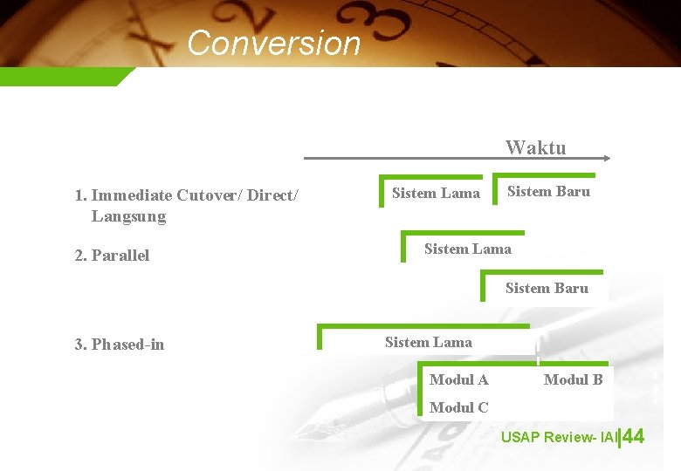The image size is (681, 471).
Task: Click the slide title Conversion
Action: coord(273,43)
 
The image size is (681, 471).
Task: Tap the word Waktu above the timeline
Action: coord(535,147)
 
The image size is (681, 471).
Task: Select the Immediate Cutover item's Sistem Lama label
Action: coord(436,193)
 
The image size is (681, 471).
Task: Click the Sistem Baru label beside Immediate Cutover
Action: coord(548,191)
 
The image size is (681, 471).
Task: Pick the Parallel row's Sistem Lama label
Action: coord(467,249)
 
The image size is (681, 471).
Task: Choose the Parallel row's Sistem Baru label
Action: coord(547,288)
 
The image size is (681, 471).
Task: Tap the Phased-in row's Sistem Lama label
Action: coord(428,342)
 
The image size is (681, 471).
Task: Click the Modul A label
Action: coord(458,379)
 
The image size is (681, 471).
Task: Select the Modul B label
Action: coord(573,379)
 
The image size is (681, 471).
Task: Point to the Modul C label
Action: coord(458,407)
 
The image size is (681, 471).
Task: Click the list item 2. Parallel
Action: coord(112,256)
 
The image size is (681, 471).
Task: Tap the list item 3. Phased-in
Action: coord(119,345)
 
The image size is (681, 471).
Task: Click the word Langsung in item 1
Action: coord(128,216)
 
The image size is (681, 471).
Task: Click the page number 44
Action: coord(634,436)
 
